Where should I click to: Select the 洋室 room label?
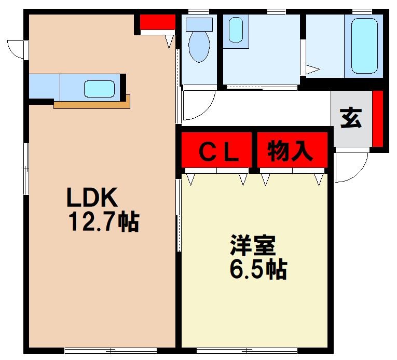coord(253,245)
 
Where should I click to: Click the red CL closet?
coord(217,150)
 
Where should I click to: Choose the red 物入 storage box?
coord(292,150)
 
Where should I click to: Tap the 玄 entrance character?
coord(351,118)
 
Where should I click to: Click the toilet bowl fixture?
coord(199,47)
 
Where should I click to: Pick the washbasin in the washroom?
coord(236,30)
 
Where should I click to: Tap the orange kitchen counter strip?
coord(92,104)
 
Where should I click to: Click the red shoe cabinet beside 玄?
coord(378,119)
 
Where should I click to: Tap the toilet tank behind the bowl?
coord(199,24)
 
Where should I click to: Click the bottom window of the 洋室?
coord(247,350)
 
